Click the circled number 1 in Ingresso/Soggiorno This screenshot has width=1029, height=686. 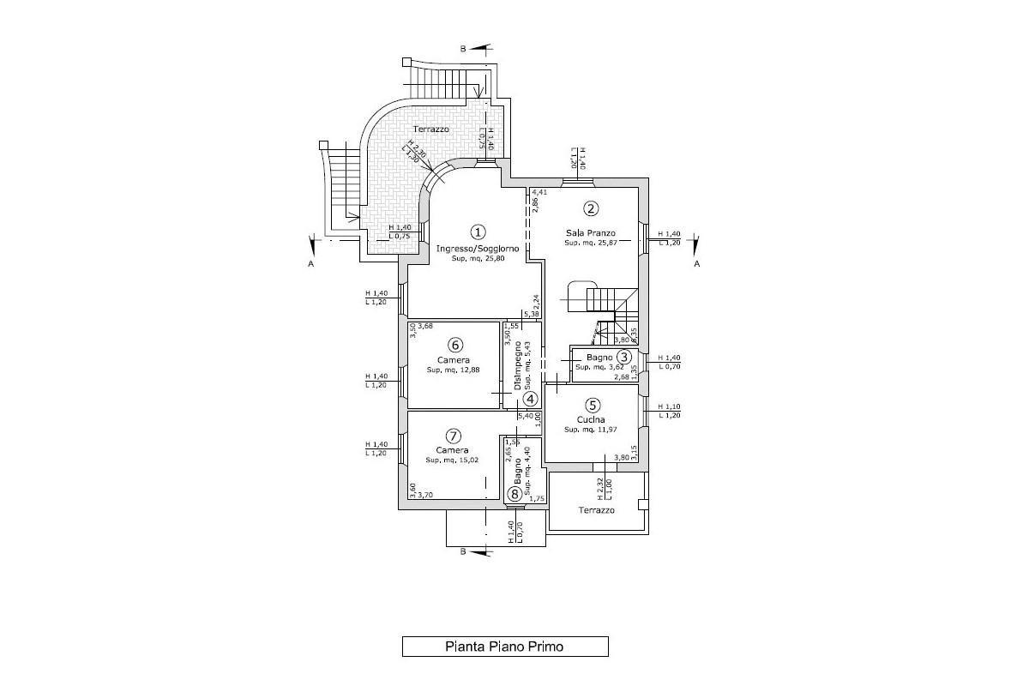pos(478,232)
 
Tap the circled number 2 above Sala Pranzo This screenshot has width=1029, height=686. pos(591,208)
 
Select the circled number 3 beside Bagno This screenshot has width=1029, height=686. pos(624,357)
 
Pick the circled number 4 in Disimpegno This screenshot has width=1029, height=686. pos(531,399)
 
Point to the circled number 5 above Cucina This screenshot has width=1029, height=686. pos(592,406)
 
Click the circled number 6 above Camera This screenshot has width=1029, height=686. pos(455,345)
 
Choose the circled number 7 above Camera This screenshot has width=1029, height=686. pos(454,436)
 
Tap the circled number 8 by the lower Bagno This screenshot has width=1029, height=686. pos(514,493)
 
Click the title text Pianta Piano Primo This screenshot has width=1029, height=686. pos(504,647)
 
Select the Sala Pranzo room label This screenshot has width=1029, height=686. pos(591,232)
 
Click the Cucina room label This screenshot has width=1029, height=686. pos(591,419)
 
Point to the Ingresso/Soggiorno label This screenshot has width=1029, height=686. pos(478,249)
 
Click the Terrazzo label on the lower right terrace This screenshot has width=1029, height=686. pos(596,510)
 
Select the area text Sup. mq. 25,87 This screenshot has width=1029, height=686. pos(591,244)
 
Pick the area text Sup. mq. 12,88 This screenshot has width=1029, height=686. pos(454,370)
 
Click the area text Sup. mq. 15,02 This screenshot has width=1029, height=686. pos(452,460)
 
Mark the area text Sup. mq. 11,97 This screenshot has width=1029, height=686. pos(591,430)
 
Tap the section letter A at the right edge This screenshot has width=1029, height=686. pos(697,264)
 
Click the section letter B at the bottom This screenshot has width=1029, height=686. pos(463,551)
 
